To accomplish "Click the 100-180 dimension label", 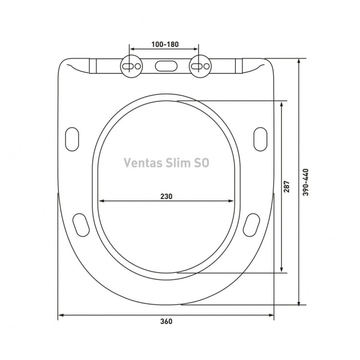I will (165, 45).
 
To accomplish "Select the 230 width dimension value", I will (165, 196).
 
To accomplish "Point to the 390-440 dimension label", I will (307, 183).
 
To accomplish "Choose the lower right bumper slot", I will (250, 224).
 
